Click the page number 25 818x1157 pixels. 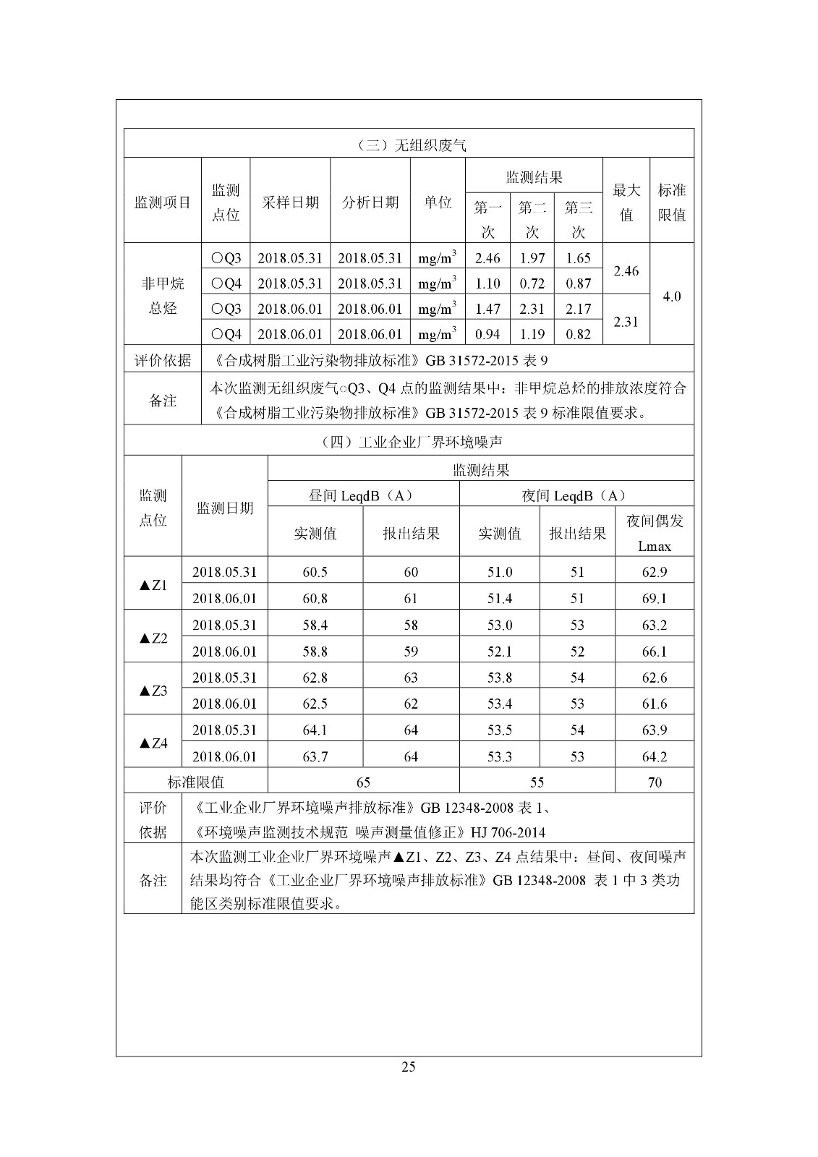click(409, 1067)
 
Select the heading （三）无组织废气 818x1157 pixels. click(409, 145)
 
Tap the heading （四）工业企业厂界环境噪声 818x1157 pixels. click(409, 442)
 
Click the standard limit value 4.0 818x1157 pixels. click(672, 296)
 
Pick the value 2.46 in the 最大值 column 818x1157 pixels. click(626, 270)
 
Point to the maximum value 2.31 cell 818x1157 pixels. click(626, 321)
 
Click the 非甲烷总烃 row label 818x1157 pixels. click(163, 296)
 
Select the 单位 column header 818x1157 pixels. click(438, 202)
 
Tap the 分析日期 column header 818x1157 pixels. click(370, 202)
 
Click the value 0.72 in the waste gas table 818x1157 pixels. click(532, 283)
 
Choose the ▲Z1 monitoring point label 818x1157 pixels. click(153, 585)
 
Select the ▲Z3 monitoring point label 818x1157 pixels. click(153, 691)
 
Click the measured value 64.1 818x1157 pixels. click(315, 730)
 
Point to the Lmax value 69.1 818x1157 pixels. click(655, 599)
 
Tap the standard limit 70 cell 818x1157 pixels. click(655, 782)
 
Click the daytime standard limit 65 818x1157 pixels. click(363, 782)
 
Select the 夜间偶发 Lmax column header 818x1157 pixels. click(655, 533)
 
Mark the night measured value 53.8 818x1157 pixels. click(500, 678)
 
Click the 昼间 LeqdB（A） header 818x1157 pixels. click(363, 495)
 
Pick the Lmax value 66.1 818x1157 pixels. click(655, 652)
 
